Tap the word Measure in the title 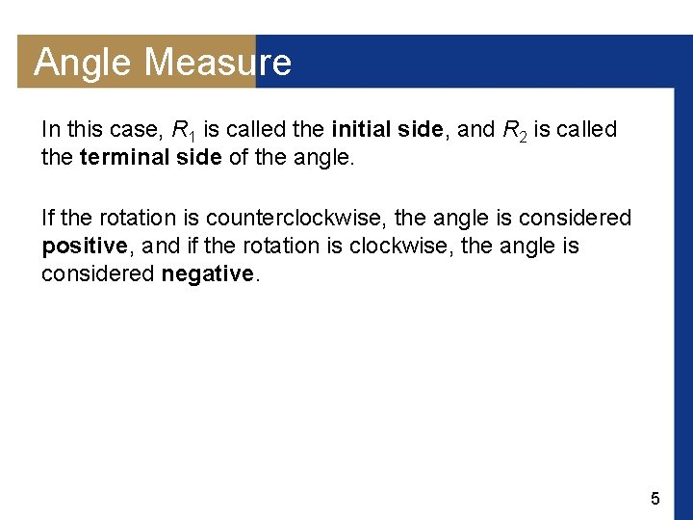pyautogui.click(x=218, y=63)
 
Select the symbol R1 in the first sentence pyautogui.click(x=183, y=130)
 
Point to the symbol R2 pyautogui.click(x=514, y=130)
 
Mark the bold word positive pyautogui.click(x=85, y=247)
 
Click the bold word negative pyautogui.click(x=207, y=273)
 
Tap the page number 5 pyautogui.click(x=655, y=499)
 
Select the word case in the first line pyautogui.click(x=133, y=129)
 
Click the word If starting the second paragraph pyautogui.click(x=49, y=219)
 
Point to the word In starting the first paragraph pyautogui.click(x=51, y=129)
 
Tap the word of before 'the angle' pyautogui.click(x=238, y=156)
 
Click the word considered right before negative pyautogui.click(x=97, y=273)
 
